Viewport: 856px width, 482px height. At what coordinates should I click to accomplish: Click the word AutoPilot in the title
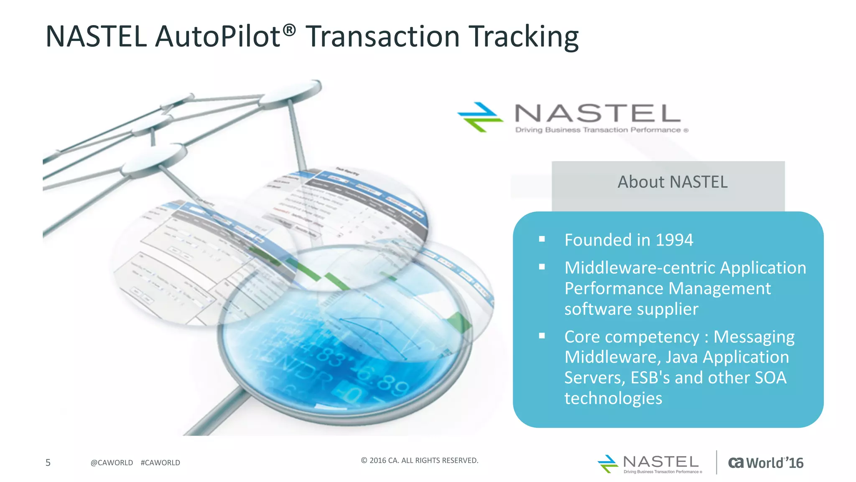point(217,37)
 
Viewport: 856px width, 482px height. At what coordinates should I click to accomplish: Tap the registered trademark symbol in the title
point(289,30)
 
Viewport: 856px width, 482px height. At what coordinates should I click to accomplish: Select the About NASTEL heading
point(672,182)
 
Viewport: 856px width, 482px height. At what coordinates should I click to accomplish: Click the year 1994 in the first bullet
point(674,240)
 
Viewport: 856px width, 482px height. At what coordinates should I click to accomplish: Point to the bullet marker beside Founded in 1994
point(542,239)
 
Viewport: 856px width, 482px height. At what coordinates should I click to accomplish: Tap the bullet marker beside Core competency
point(542,336)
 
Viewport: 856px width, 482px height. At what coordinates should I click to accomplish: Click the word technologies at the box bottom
point(613,398)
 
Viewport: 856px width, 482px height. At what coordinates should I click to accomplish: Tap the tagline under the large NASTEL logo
point(601,130)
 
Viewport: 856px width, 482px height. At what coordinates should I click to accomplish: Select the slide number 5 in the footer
point(48,463)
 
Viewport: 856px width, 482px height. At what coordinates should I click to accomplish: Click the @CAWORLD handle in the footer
point(112,463)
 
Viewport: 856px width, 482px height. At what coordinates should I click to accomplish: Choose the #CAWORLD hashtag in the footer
point(160,463)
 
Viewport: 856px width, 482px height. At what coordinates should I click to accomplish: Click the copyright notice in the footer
point(419,461)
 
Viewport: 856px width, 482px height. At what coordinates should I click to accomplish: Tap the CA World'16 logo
point(765,463)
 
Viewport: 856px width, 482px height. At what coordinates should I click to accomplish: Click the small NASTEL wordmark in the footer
point(660,462)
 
